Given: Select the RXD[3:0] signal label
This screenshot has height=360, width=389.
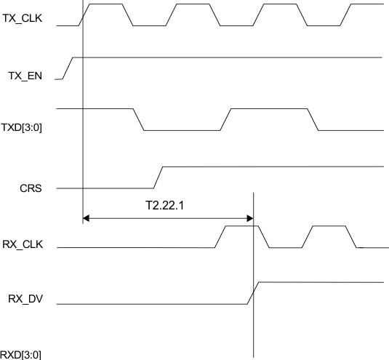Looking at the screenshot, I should coord(21,354).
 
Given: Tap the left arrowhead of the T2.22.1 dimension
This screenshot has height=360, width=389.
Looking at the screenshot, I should coord(87,217).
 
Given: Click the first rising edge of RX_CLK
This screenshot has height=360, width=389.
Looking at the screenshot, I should coord(220,237).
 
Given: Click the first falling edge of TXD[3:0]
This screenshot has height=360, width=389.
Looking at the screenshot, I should coord(139,119).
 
